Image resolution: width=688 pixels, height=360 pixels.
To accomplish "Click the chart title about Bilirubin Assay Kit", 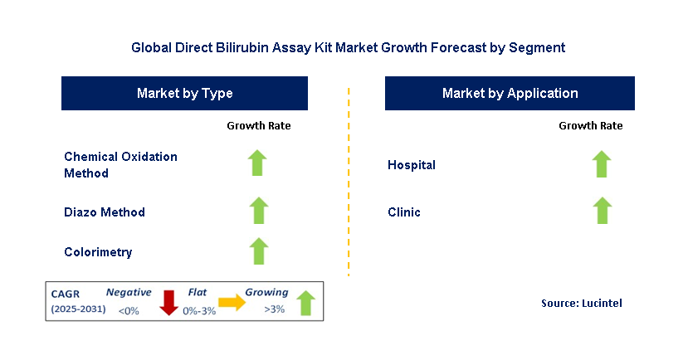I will pyautogui.click(x=348, y=48).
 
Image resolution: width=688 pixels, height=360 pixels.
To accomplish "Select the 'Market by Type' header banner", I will pyautogui.click(x=184, y=94).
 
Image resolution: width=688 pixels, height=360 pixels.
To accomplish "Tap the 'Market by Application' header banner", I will pyautogui.click(x=510, y=94).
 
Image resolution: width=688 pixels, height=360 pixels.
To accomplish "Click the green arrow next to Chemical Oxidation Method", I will pyautogui.click(x=258, y=163).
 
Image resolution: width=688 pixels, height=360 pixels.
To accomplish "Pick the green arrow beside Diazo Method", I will pyautogui.click(x=258, y=211).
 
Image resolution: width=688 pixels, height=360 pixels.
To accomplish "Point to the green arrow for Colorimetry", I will pyautogui.click(x=258, y=251).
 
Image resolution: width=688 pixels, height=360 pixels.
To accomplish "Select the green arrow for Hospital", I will pyautogui.click(x=602, y=163).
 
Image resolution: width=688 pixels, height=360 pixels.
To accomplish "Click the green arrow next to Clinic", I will pyautogui.click(x=602, y=211).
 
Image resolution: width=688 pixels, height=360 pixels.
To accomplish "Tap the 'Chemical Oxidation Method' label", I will pyautogui.click(x=120, y=164).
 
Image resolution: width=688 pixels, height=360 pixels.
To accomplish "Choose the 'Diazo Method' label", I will pyautogui.click(x=105, y=212).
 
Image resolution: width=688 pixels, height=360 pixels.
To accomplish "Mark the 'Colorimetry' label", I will pyautogui.click(x=98, y=252).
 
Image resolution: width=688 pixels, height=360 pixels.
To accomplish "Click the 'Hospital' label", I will pyautogui.click(x=412, y=165).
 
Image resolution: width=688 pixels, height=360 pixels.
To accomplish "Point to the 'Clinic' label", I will pyautogui.click(x=404, y=212).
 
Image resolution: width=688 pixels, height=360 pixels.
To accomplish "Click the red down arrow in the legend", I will pyautogui.click(x=169, y=303).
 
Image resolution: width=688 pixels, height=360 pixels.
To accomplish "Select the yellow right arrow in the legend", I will pyautogui.click(x=232, y=304).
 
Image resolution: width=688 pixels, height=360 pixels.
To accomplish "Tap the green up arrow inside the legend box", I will pyautogui.click(x=305, y=303).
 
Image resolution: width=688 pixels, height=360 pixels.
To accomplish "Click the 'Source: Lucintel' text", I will pyautogui.click(x=581, y=304).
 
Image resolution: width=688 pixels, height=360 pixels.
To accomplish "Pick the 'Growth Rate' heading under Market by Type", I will pyautogui.click(x=258, y=126).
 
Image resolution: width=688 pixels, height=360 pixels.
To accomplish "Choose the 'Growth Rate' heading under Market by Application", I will pyautogui.click(x=590, y=126).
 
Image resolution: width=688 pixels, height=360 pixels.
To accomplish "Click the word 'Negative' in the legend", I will pyautogui.click(x=129, y=292).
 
